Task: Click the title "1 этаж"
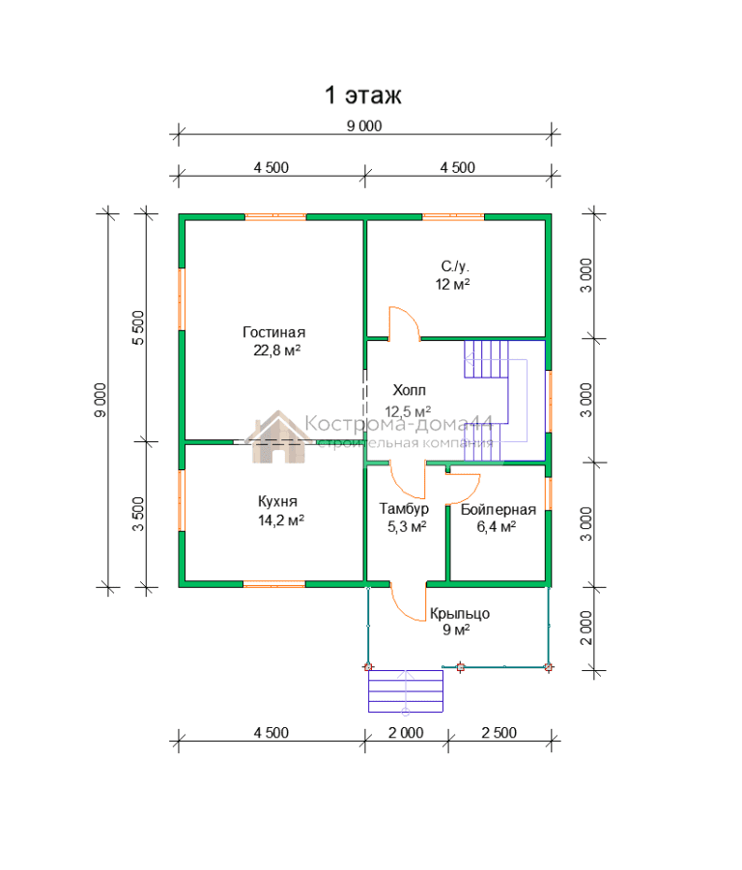coord(362,95)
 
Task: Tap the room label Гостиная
coord(274,332)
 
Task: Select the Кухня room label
coord(277,501)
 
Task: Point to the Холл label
coord(409,391)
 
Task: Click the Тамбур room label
coord(404,509)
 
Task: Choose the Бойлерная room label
coord(499,509)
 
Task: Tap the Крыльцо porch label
coord(460,614)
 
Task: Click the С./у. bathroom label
coord(455,267)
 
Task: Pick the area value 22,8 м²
coord(277,351)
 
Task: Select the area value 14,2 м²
coord(281,520)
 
